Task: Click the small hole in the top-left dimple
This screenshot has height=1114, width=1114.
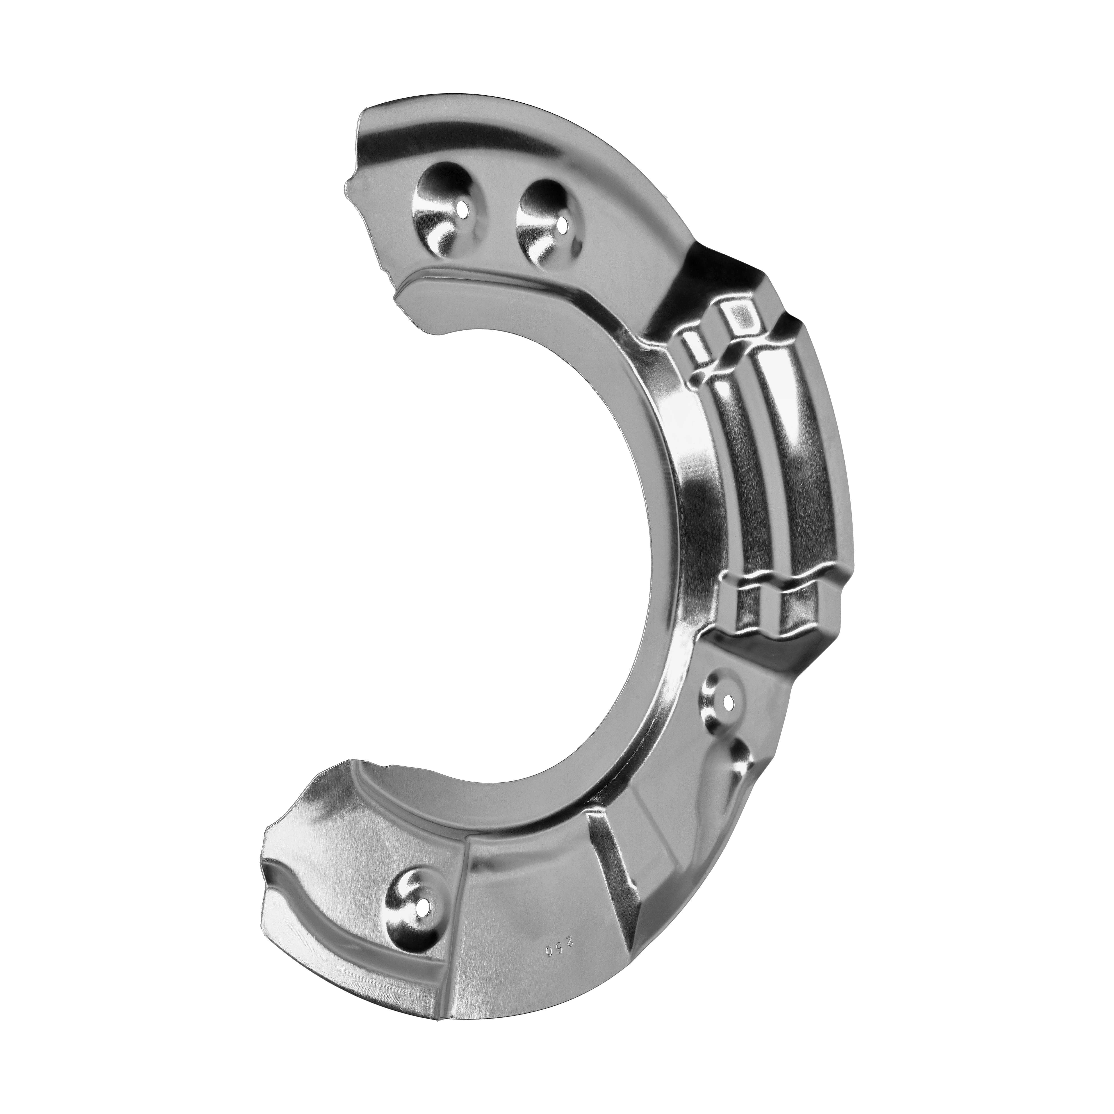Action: tap(463, 209)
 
